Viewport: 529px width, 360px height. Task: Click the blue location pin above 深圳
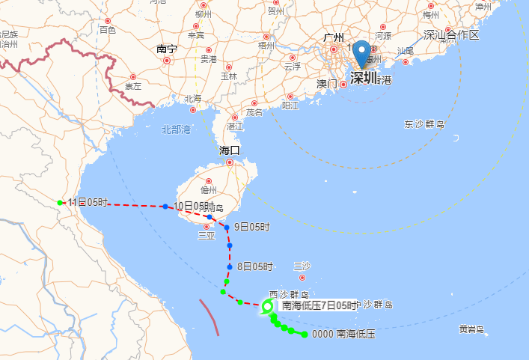tap(362, 53)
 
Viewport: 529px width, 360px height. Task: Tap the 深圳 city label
tap(364, 76)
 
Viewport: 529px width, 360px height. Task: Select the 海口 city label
tap(230, 150)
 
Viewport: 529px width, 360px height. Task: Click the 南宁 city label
tap(167, 49)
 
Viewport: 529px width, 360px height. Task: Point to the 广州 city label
tap(333, 37)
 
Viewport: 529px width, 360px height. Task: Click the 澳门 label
tap(328, 83)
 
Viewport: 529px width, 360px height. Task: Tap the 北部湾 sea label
tap(177, 129)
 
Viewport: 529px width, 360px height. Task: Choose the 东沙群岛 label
tap(425, 124)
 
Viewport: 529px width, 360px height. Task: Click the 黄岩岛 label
tap(471, 329)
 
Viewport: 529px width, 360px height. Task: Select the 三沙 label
tap(302, 266)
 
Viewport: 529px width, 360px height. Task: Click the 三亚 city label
tap(206, 235)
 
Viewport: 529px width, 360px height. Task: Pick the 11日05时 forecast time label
tap(88, 203)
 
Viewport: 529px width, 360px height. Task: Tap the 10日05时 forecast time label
tap(190, 206)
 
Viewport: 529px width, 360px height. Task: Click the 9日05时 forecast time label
tap(252, 226)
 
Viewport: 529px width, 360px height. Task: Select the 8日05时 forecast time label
tap(254, 266)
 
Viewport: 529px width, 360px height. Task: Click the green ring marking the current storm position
tap(268, 305)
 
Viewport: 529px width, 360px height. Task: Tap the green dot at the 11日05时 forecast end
tap(60, 202)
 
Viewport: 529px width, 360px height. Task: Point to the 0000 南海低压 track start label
tap(343, 335)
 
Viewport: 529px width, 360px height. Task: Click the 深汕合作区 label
tap(450, 35)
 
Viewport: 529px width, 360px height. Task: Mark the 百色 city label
tap(107, 30)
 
